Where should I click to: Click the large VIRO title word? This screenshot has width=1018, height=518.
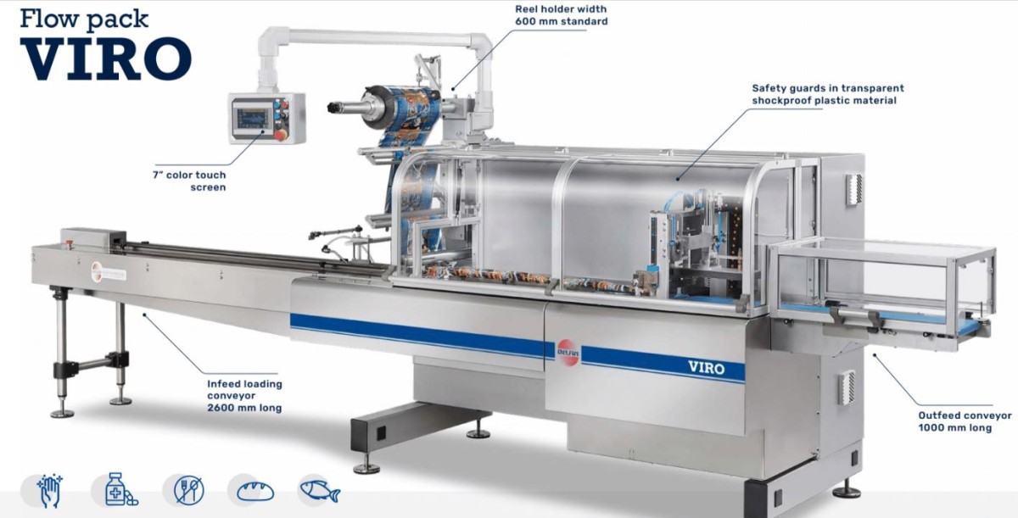(106, 58)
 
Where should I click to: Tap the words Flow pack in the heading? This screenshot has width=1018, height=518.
(85, 19)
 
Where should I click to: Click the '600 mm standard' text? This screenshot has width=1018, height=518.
(562, 21)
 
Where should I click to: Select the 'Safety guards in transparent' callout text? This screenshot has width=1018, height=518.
(828, 88)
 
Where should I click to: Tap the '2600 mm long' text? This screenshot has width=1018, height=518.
(244, 408)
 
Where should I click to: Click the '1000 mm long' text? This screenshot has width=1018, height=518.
(955, 427)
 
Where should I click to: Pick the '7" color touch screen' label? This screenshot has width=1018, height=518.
(189, 181)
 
